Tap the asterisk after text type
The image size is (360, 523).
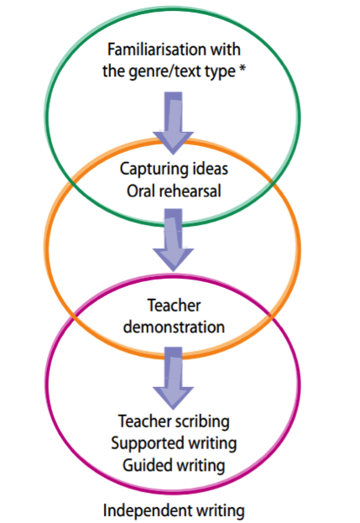[243, 69]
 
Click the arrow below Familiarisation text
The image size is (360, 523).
[174, 123]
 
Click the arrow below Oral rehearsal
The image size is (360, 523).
[174, 240]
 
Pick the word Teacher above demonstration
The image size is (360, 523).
[174, 306]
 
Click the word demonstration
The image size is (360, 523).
[174, 327]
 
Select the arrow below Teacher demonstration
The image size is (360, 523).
[174, 379]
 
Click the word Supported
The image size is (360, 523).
[148, 444]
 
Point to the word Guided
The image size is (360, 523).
[144, 465]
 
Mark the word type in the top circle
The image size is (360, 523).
[219, 72]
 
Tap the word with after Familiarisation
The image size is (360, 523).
[225, 50]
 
